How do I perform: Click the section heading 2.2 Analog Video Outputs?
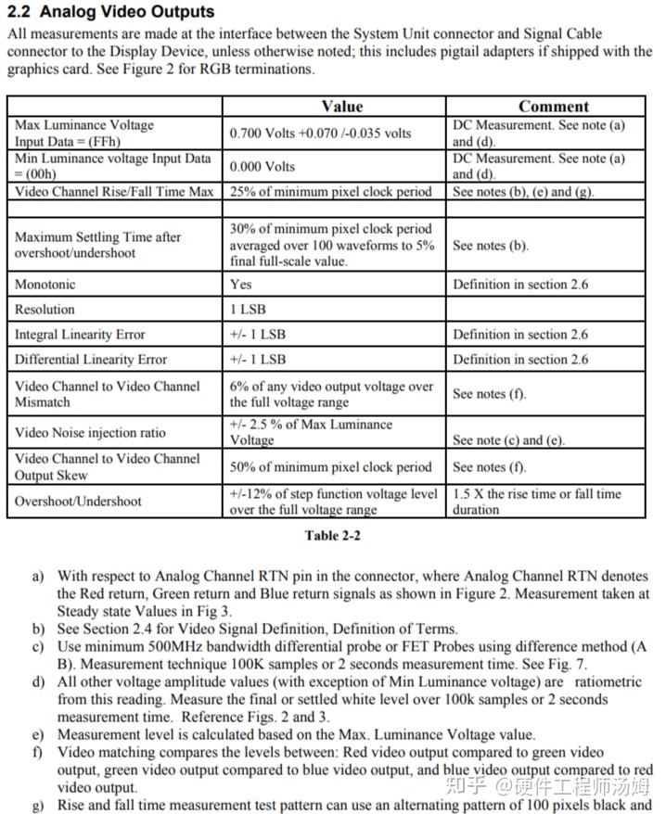click(110, 12)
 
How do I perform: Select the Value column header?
click(341, 107)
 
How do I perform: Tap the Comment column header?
click(553, 107)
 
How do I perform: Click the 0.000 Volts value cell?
click(263, 167)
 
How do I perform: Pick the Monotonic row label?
click(45, 285)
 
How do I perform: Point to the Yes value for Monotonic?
click(240, 285)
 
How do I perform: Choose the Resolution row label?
click(45, 310)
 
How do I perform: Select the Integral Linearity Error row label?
click(80, 335)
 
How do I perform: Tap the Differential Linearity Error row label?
click(91, 360)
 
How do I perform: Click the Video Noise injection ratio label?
click(90, 433)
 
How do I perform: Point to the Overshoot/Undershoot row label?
click(78, 502)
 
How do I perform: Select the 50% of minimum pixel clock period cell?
click(331, 467)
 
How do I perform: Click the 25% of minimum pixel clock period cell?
click(331, 192)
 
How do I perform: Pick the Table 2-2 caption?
click(332, 536)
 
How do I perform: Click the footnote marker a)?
click(38, 577)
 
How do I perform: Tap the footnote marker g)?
click(38, 805)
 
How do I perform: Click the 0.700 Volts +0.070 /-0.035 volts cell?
click(320, 134)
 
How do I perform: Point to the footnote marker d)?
click(38, 682)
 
